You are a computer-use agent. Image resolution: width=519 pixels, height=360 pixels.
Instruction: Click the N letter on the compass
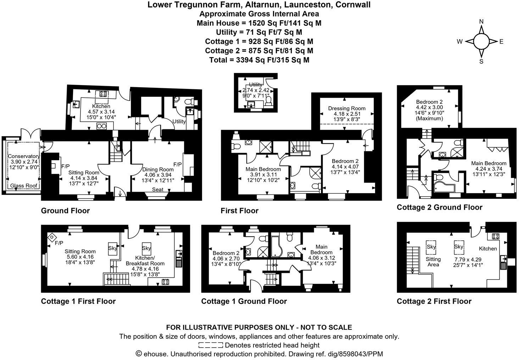pyautogui.click(x=481, y=22)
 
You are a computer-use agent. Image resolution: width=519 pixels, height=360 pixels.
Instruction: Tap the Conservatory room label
pyautogui.click(x=24, y=156)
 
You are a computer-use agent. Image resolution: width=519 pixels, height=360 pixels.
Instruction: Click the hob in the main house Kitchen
pyautogui.click(x=104, y=94)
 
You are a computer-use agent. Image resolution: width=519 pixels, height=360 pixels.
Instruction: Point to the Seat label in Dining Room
pyautogui.click(x=158, y=190)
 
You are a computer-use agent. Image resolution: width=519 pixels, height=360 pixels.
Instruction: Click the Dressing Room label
pyautogui.click(x=346, y=108)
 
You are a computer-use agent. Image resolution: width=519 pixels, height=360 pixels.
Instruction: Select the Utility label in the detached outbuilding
pyautogui.click(x=255, y=85)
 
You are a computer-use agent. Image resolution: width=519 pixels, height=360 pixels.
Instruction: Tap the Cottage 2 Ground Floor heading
pyautogui.click(x=439, y=207)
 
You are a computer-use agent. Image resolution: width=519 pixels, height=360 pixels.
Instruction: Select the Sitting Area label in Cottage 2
pyautogui.click(x=433, y=262)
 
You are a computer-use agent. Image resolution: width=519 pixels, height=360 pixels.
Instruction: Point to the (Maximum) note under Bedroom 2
pyautogui.click(x=429, y=118)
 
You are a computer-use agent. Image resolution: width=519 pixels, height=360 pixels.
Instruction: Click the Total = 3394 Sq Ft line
pyautogui.click(x=259, y=60)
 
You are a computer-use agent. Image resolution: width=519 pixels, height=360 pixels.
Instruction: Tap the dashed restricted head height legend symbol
pyautogui.click(x=211, y=345)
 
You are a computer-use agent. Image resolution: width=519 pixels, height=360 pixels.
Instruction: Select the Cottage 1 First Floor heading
pyautogui.click(x=78, y=301)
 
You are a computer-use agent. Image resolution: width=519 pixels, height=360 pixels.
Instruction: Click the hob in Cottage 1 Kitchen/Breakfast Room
pyautogui.click(x=165, y=282)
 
